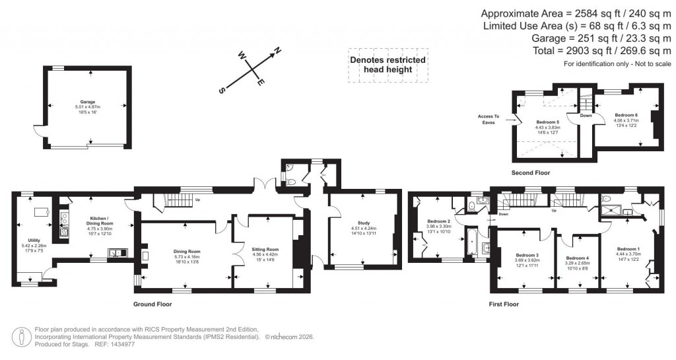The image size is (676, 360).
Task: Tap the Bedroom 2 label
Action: click(x=438, y=221)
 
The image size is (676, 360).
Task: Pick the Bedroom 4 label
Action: click(x=577, y=258)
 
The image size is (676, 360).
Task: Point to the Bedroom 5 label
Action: click(x=547, y=122)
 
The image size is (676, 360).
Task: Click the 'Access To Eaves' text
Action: click(x=489, y=119)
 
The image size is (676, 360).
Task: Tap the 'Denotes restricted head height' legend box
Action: click(x=388, y=65)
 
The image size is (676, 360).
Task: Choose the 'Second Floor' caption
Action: click(x=530, y=172)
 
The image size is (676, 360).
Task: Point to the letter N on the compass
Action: click(x=278, y=50)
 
